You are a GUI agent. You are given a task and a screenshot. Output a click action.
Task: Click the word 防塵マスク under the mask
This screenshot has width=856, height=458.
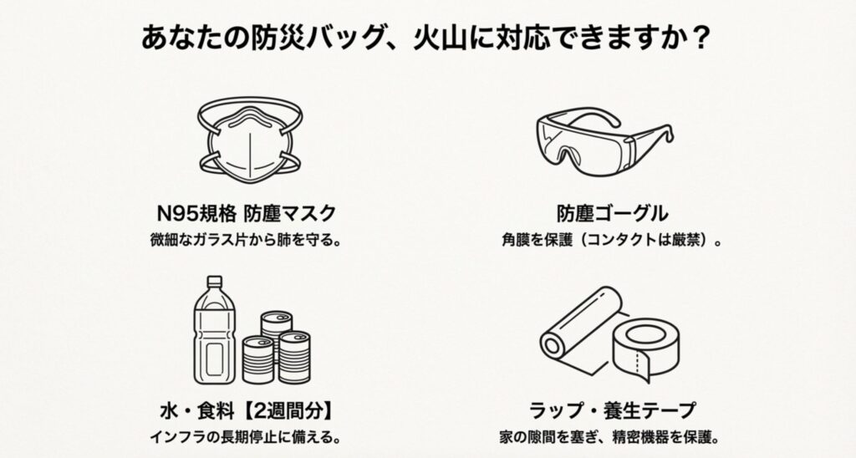(288, 211)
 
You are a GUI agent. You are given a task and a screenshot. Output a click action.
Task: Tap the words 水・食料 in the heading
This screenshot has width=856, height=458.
(188, 410)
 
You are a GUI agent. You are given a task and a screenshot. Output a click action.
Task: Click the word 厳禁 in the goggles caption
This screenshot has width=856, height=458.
(688, 238)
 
